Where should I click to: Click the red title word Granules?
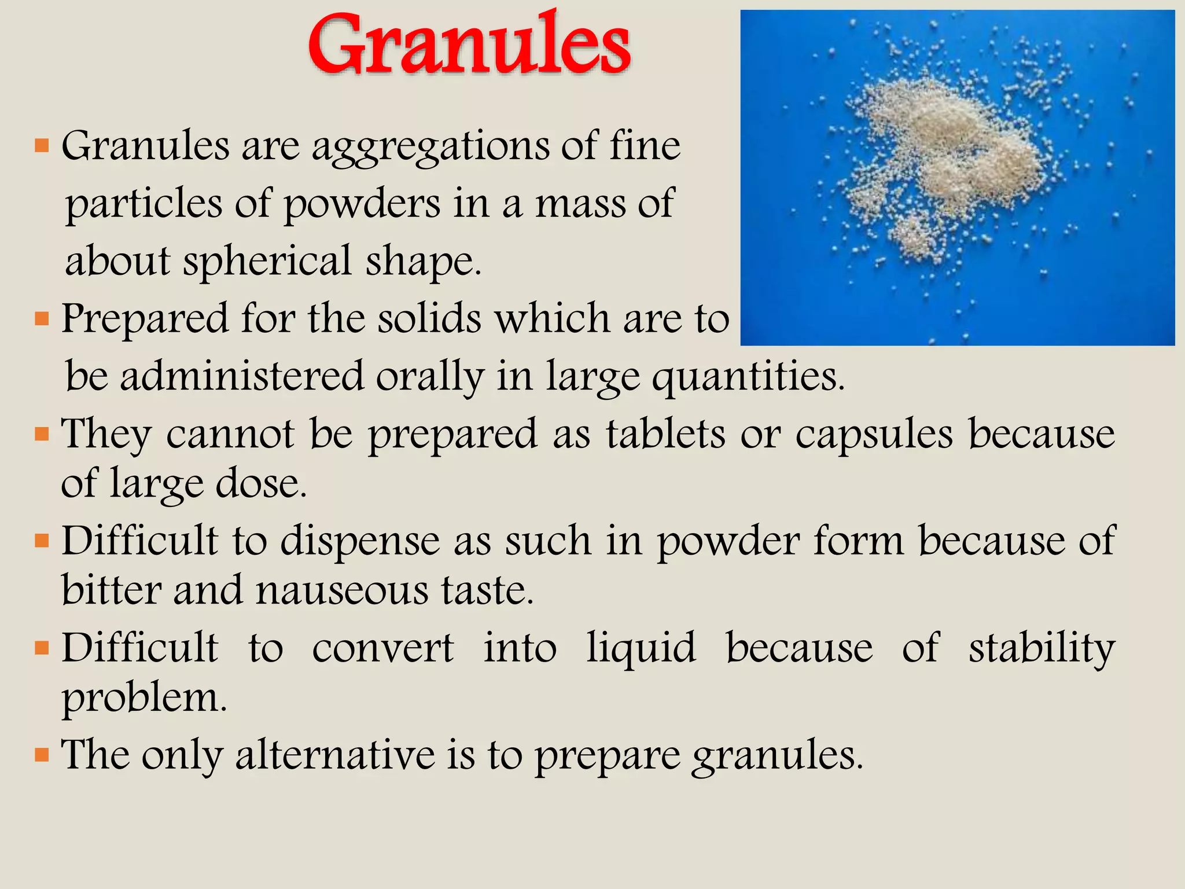(x=469, y=45)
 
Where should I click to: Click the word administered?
(x=242, y=376)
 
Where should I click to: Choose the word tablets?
(x=665, y=434)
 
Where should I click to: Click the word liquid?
(x=641, y=648)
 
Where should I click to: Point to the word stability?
(x=1042, y=648)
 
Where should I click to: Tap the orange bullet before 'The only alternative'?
(x=42, y=755)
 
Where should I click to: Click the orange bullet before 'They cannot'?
(x=42, y=434)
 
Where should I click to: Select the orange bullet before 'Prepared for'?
(x=42, y=319)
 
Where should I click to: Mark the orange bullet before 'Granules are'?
(x=42, y=145)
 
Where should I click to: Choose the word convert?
(x=382, y=648)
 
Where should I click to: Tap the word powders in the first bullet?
(x=362, y=204)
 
